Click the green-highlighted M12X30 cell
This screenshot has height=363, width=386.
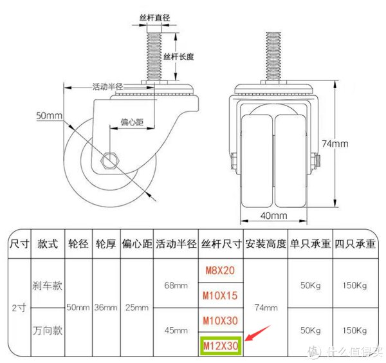click(221, 346)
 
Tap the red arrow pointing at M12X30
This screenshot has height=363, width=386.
click(258, 333)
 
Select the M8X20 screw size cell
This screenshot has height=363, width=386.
click(220, 270)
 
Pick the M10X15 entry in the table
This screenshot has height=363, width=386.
click(220, 295)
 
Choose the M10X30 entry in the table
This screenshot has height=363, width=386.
click(220, 321)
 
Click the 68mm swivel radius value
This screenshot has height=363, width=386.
click(176, 285)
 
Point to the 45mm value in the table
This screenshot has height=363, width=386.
click(176, 330)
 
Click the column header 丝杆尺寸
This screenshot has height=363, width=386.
click(221, 244)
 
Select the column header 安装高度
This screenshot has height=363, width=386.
click(266, 244)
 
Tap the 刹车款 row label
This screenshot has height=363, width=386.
click(47, 286)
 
